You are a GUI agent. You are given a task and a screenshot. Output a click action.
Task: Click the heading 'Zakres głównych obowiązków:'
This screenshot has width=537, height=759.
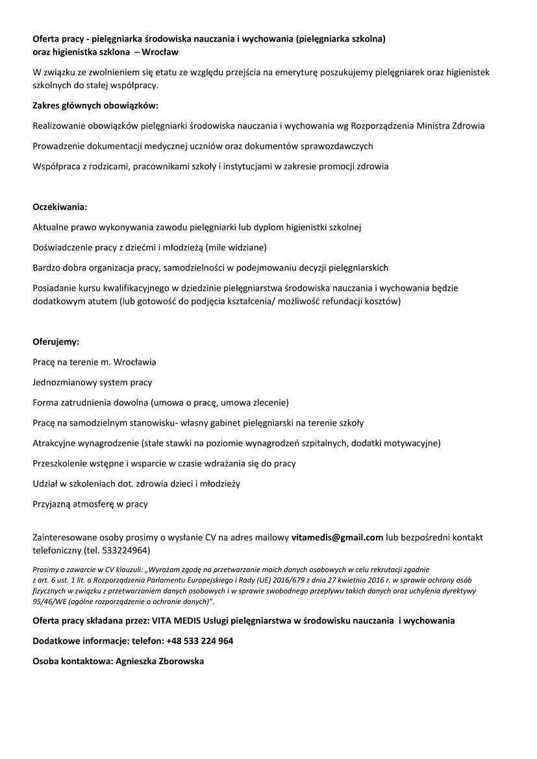pos(95,105)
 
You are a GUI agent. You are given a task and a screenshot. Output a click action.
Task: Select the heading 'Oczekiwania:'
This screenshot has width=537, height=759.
pos(60,207)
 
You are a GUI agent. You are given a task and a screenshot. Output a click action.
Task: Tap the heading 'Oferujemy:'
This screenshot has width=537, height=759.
pos(56,341)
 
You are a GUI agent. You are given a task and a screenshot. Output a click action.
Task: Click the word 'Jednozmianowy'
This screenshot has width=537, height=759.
pos(64,382)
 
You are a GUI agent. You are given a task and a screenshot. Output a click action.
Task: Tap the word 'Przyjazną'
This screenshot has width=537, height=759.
pos(52,503)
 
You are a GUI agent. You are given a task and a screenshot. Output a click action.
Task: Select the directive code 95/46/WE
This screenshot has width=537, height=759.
pos(49,601)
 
